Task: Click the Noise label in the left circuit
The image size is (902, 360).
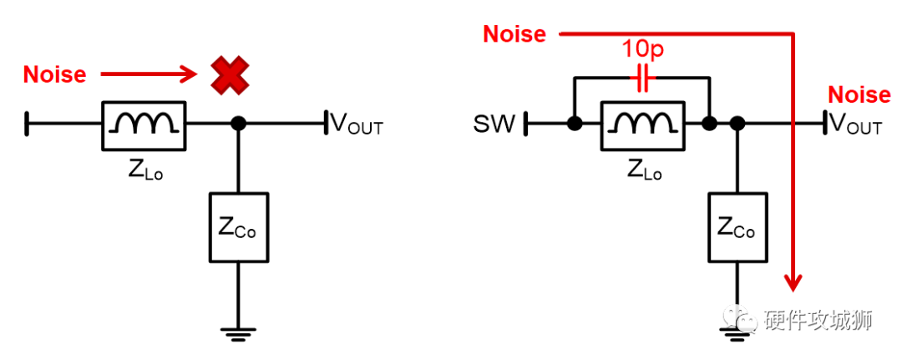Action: click(x=54, y=74)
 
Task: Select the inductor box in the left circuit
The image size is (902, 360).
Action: click(x=143, y=124)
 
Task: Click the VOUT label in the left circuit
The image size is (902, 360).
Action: click(x=357, y=125)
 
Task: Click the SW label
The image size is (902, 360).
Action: click(x=494, y=125)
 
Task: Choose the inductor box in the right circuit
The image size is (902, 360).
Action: click(x=642, y=124)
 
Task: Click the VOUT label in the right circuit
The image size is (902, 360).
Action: click(x=856, y=125)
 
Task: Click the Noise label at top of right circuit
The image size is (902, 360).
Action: click(x=514, y=34)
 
